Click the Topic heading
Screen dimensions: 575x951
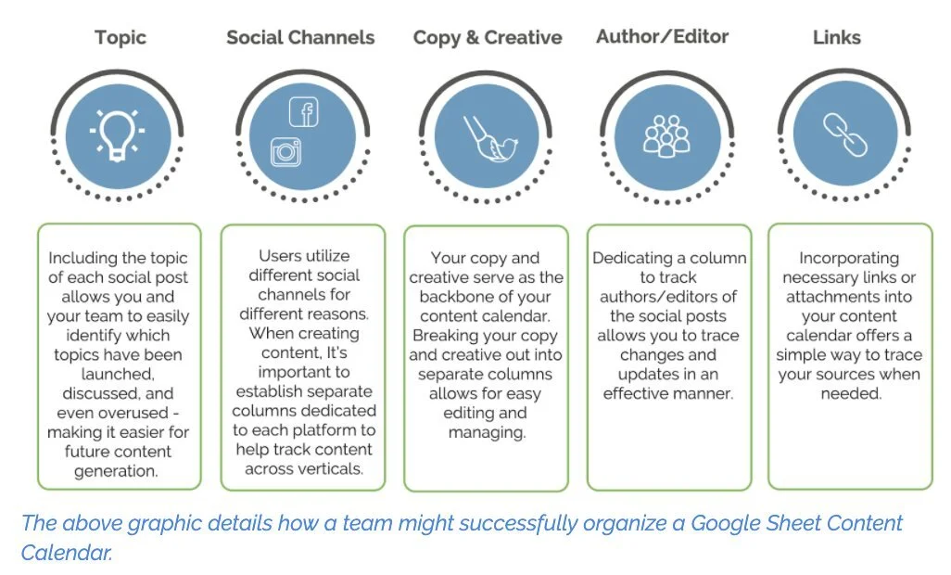coord(120,38)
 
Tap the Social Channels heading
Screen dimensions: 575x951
coord(300,38)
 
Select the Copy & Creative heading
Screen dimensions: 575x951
coord(488,38)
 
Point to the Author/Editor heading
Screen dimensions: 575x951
coord(662,37)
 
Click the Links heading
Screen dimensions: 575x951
coord(837,38)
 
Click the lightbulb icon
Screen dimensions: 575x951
coord(118,134)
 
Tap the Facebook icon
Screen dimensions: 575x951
coord(304,113)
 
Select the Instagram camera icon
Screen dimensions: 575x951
coord(285,151)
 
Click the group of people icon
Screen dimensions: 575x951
coord(666,135)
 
